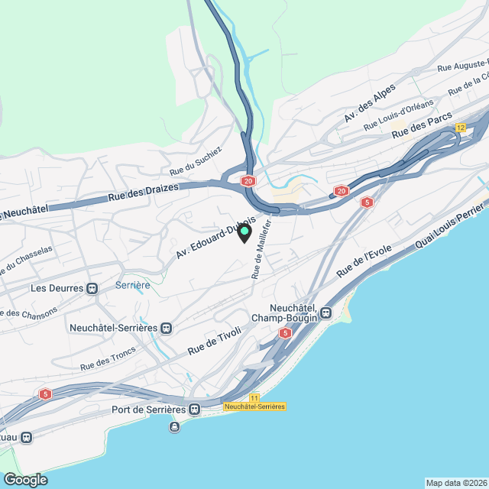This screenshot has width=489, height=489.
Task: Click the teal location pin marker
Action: [x=244, y=233]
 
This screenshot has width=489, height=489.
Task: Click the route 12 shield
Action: [x=460, y=128]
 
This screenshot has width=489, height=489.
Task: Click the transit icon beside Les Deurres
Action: [x=92, y=288]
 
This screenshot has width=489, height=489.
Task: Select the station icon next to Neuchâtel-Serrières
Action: [x=167, y=327]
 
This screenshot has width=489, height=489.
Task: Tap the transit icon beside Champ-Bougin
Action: [x=326, y=312]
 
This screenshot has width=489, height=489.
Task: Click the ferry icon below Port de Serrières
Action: [x=174, y=426]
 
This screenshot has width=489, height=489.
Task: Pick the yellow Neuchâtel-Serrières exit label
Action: [x=254, y=406]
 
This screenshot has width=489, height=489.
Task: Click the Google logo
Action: [x=24, y=479]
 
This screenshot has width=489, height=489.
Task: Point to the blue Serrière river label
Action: [x=131, y=284]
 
